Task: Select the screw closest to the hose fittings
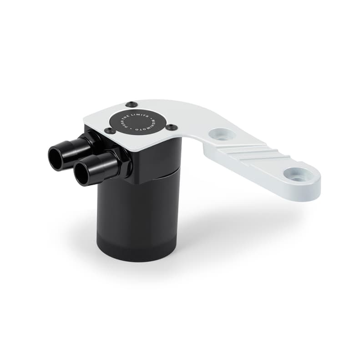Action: pyautogui.click(x=110, y=131)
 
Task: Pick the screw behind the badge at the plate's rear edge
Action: pyautogui.click(x=131, y=104)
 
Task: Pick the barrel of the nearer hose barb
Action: pyautogui.click(x=100, y=166)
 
